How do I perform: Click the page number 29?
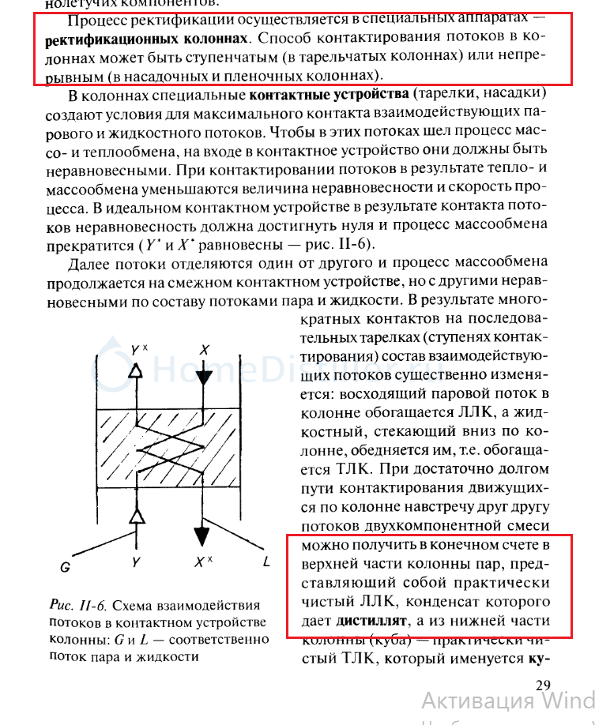pos(542,685)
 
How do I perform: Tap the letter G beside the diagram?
pos(66,566)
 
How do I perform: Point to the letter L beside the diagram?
pos(266,562)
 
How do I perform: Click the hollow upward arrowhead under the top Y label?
pos(137,370)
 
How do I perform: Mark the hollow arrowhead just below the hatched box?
pos(137,517)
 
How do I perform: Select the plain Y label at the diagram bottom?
pos(137,563)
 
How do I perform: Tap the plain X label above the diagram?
pos(205,348)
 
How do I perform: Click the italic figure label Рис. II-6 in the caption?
pos(77,605)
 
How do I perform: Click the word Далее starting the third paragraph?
pos(92,263)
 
